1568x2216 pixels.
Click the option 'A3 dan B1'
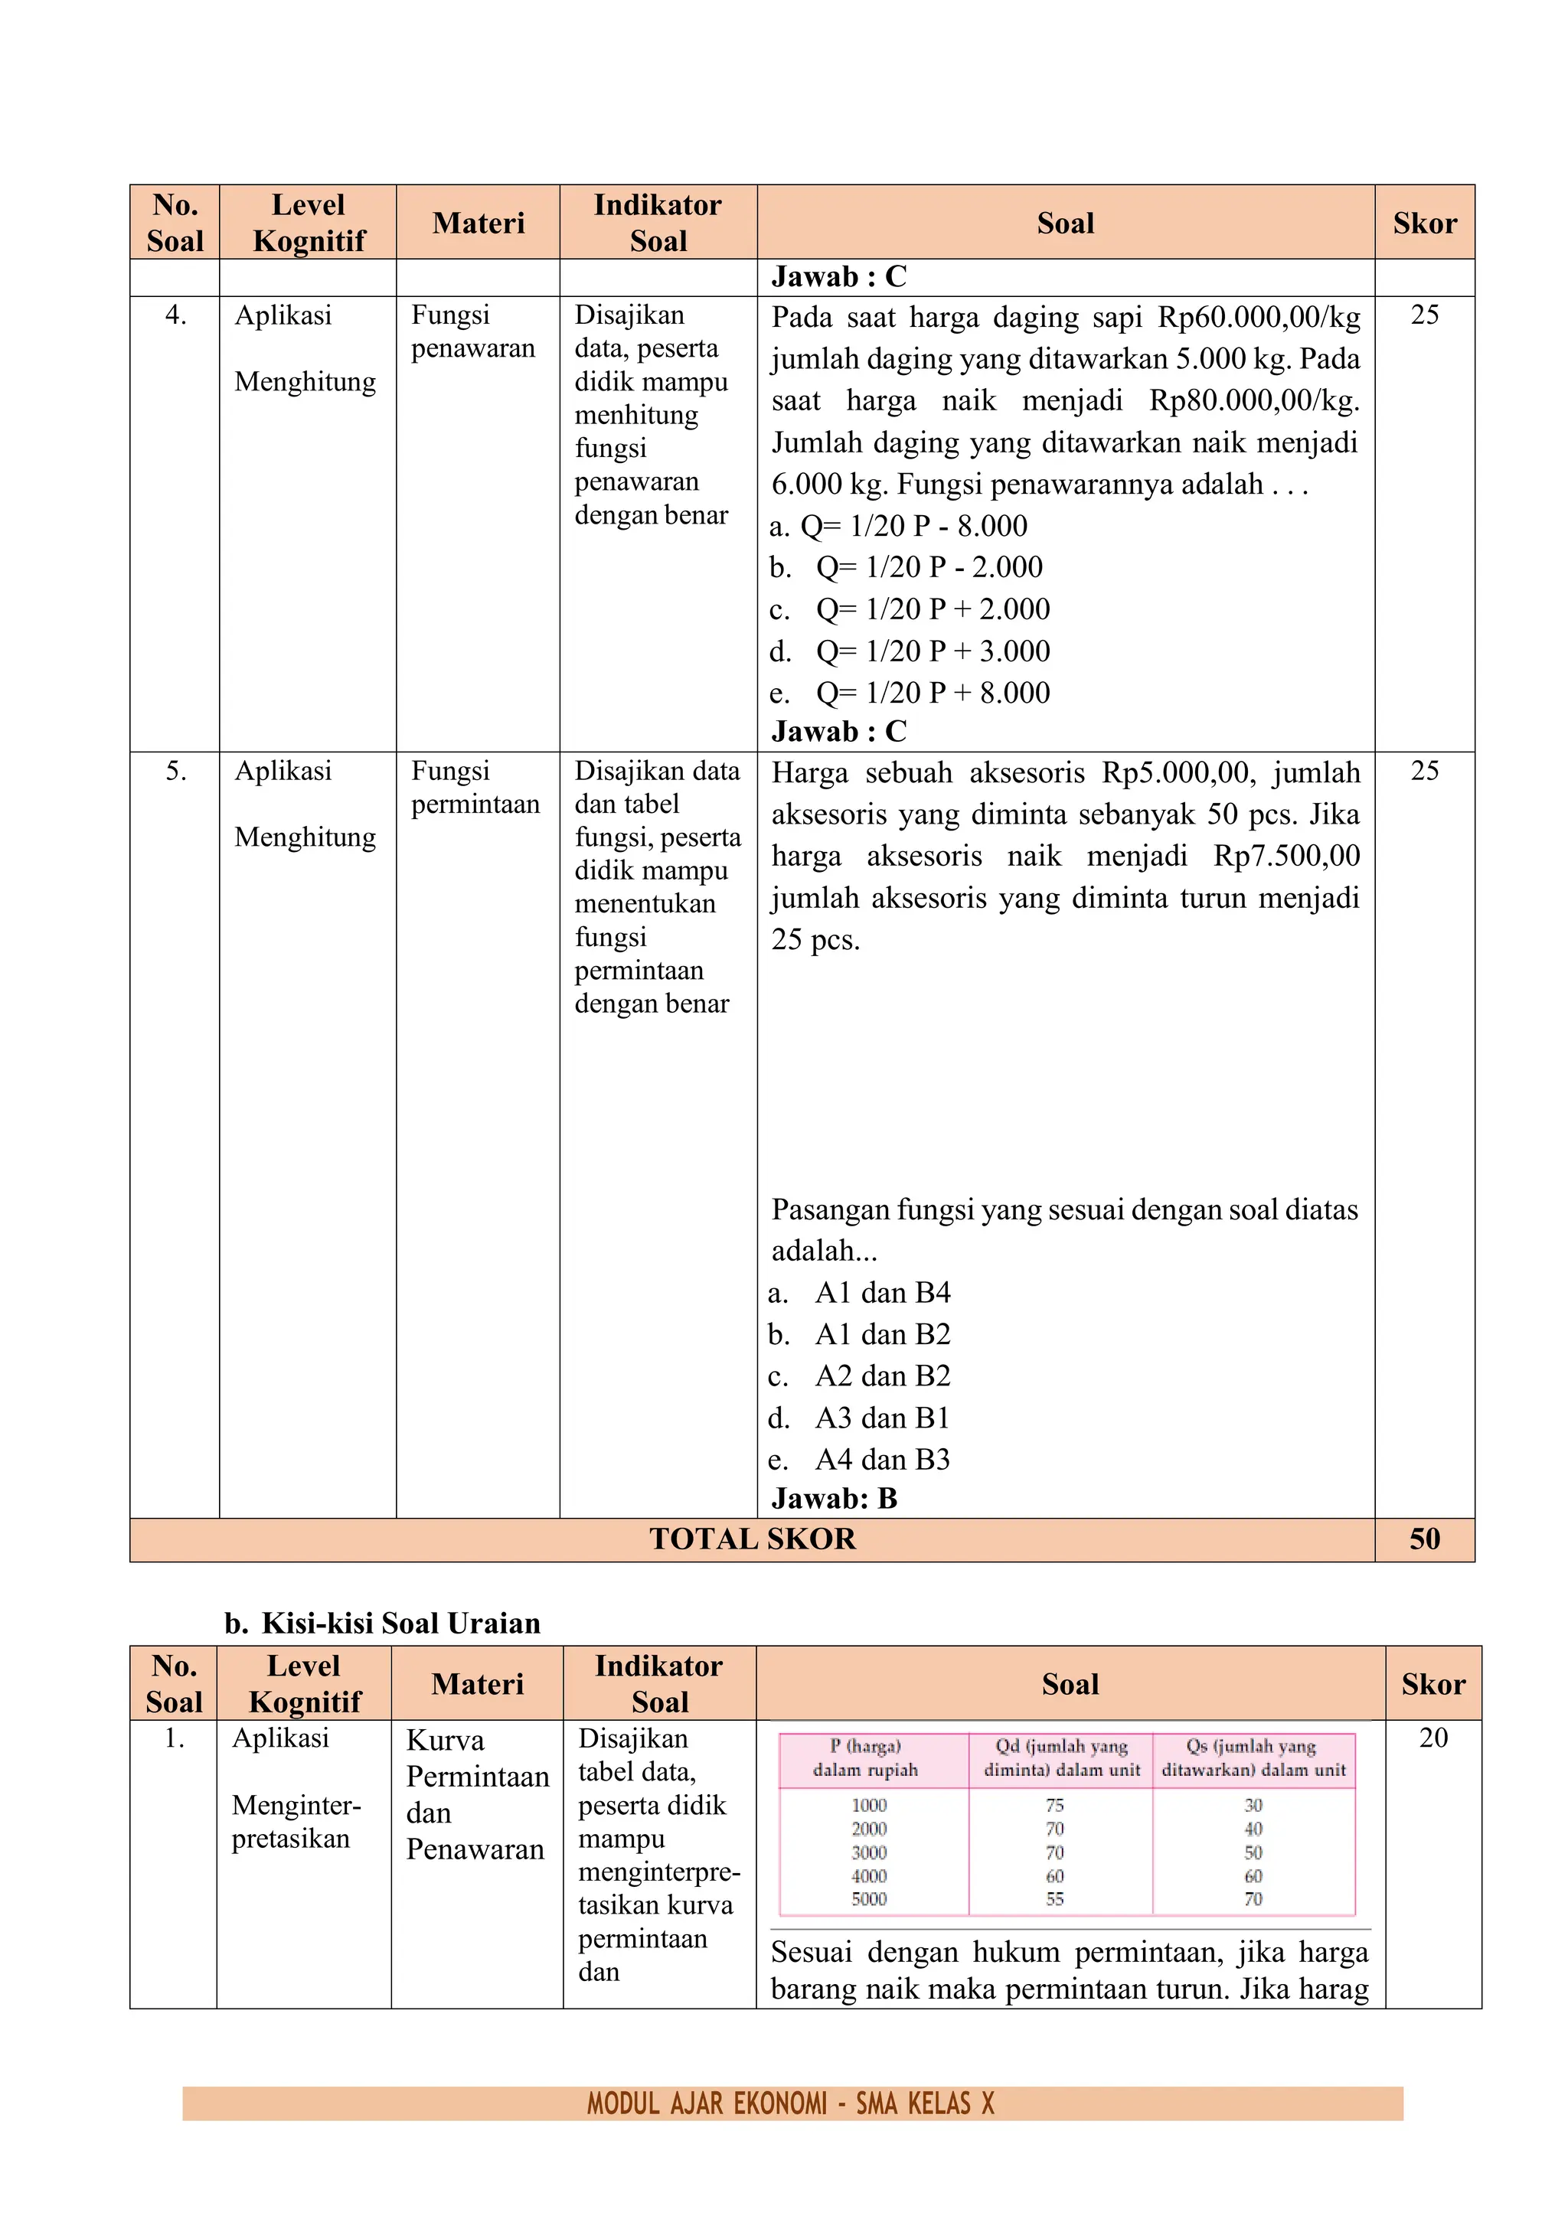881,1418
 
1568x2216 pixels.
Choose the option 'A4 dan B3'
881,1459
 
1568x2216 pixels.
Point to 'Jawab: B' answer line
835,1498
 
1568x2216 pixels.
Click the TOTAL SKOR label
752,1539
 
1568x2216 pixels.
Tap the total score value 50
1424,1539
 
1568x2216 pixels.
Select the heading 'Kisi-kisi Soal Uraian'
400,1624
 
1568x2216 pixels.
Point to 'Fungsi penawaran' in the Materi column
472,331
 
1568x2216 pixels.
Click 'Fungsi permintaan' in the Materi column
474,787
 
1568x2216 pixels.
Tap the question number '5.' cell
176,770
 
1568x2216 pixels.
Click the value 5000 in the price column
869,1898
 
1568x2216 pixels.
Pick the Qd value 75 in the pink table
1054,1805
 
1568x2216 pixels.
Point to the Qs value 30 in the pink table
1253,1805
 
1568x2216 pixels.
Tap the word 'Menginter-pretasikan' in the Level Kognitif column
296,1821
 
